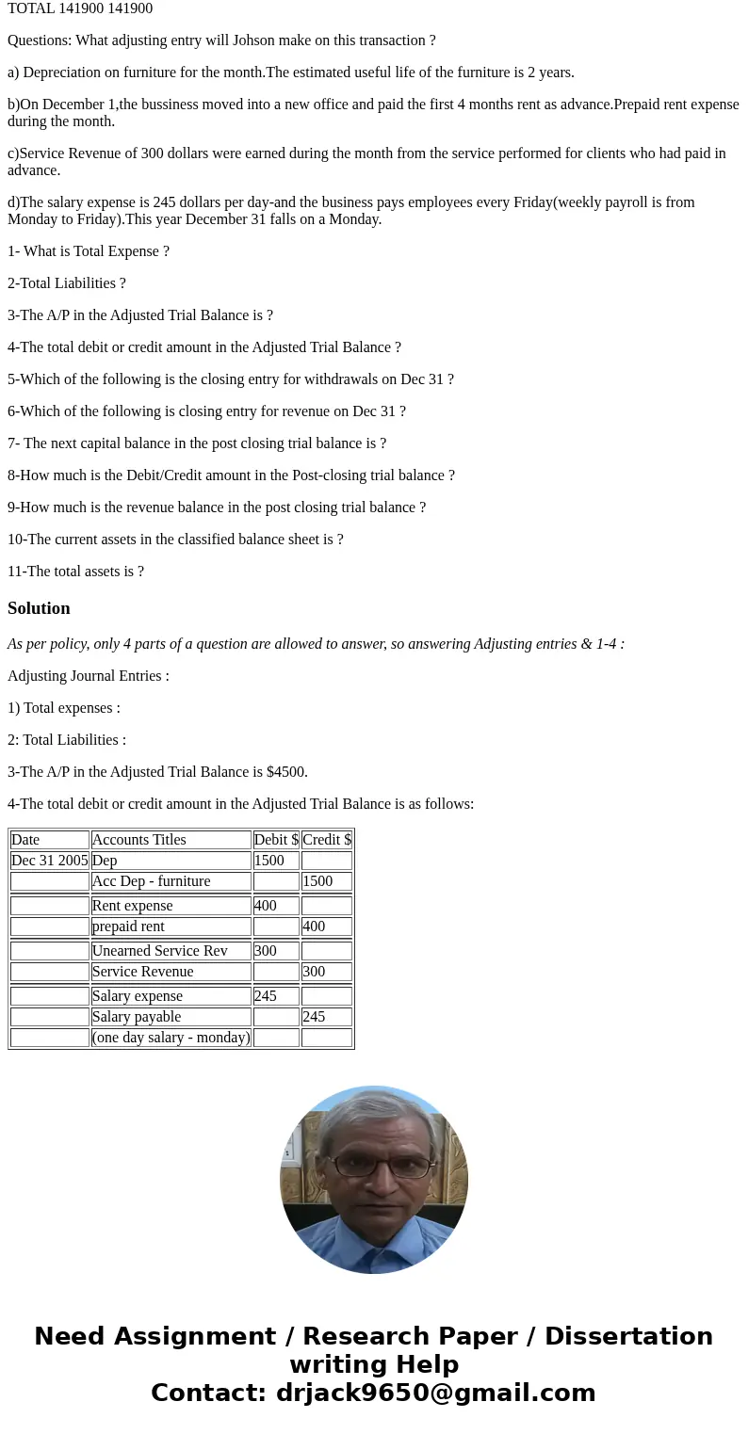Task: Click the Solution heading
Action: [39, 608]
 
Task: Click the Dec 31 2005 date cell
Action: [50, 861]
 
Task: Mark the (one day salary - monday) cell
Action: [171, 1038]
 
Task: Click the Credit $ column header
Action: [327, 840]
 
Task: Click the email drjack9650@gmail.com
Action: [435, 1393]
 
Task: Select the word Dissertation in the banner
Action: [628, 1336]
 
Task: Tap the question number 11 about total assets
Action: [15, 572]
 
